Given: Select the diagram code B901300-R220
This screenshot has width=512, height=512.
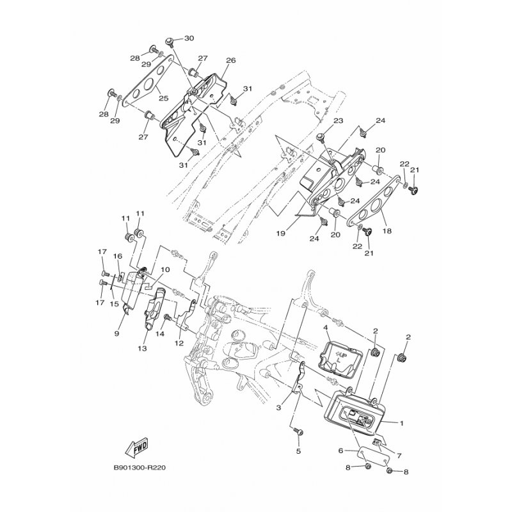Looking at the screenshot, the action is click(x=140, y=468).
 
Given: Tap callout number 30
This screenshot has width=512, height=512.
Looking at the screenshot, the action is click(x=189, y=38).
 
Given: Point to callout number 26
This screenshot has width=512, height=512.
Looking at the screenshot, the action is click(x=231, y=60).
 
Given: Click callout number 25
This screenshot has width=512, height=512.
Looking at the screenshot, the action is click(x=164, y=98).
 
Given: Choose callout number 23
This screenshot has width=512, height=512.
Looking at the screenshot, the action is click(x=339, y=121).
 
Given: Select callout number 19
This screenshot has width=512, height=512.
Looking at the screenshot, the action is click(x=281, y=234).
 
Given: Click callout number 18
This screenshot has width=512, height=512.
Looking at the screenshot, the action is click(x=387, y=231).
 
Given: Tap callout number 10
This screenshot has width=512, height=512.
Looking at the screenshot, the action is click(x=165, y=269).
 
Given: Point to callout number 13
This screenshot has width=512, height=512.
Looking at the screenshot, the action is click(x=142, y=348).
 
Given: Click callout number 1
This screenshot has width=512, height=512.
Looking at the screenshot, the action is click(x=402, y=423).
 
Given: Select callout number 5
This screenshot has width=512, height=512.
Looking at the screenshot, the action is click(x=298, y=452).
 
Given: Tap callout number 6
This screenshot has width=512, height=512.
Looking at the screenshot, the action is click(x=341, y=451).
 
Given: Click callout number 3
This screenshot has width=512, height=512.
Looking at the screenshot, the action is click(x=278, y=408).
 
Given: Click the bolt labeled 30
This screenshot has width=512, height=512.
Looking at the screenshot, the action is click(x=170, y=41).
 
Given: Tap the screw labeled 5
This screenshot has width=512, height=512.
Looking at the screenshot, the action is click(x=299, y=433).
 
